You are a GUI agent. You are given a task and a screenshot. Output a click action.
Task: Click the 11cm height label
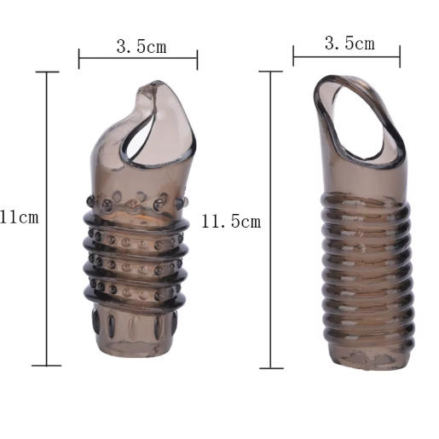19,217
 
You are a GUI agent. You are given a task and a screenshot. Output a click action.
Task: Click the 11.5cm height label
231,222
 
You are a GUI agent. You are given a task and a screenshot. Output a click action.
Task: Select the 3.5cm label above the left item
142,46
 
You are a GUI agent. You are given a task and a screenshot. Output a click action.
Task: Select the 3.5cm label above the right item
349,43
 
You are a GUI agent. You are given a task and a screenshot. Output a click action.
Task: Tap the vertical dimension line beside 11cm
47,218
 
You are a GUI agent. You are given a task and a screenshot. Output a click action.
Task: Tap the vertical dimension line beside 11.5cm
270,220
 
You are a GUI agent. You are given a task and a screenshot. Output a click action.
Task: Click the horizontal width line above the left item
138,58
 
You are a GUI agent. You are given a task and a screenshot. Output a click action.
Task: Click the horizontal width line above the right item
347,56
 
